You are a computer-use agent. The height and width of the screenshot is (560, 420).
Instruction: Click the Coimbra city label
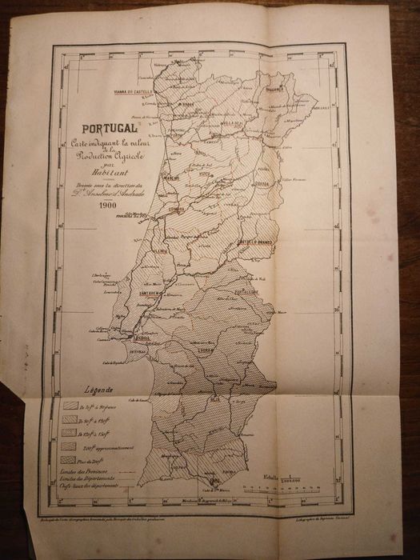pos(175,211)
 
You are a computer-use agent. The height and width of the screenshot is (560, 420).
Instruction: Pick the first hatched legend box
pos(70,406)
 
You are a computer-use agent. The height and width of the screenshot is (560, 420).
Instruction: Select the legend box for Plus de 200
pos(70,460)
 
